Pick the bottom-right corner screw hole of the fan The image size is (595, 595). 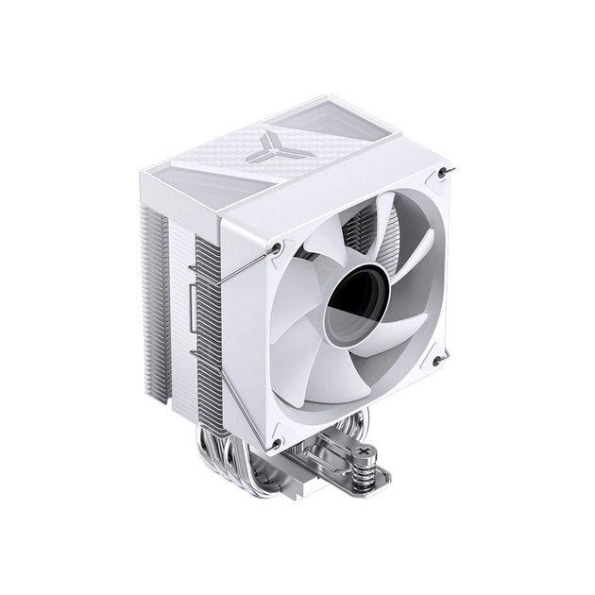[436, 361]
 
